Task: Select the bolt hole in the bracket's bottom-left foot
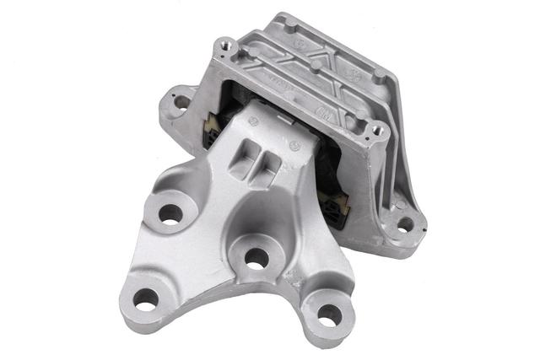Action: click(145, 298)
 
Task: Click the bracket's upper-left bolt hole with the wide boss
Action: click(170, 214)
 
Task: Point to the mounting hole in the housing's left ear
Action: click(181, 102)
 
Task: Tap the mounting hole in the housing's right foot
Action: click(405, 224)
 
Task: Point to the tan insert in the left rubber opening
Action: click(209, 128)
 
